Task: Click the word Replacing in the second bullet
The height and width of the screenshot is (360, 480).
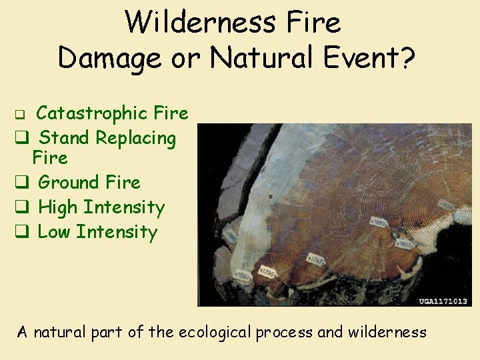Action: tap(135, 139)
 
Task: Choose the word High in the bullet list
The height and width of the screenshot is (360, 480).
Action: tap(58, 207)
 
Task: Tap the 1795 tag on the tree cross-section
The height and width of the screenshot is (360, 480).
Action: tap(268, 273)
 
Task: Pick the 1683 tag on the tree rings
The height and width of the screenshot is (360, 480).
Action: tap(405, 245)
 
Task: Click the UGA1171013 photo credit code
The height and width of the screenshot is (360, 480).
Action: tap(443, 301)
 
